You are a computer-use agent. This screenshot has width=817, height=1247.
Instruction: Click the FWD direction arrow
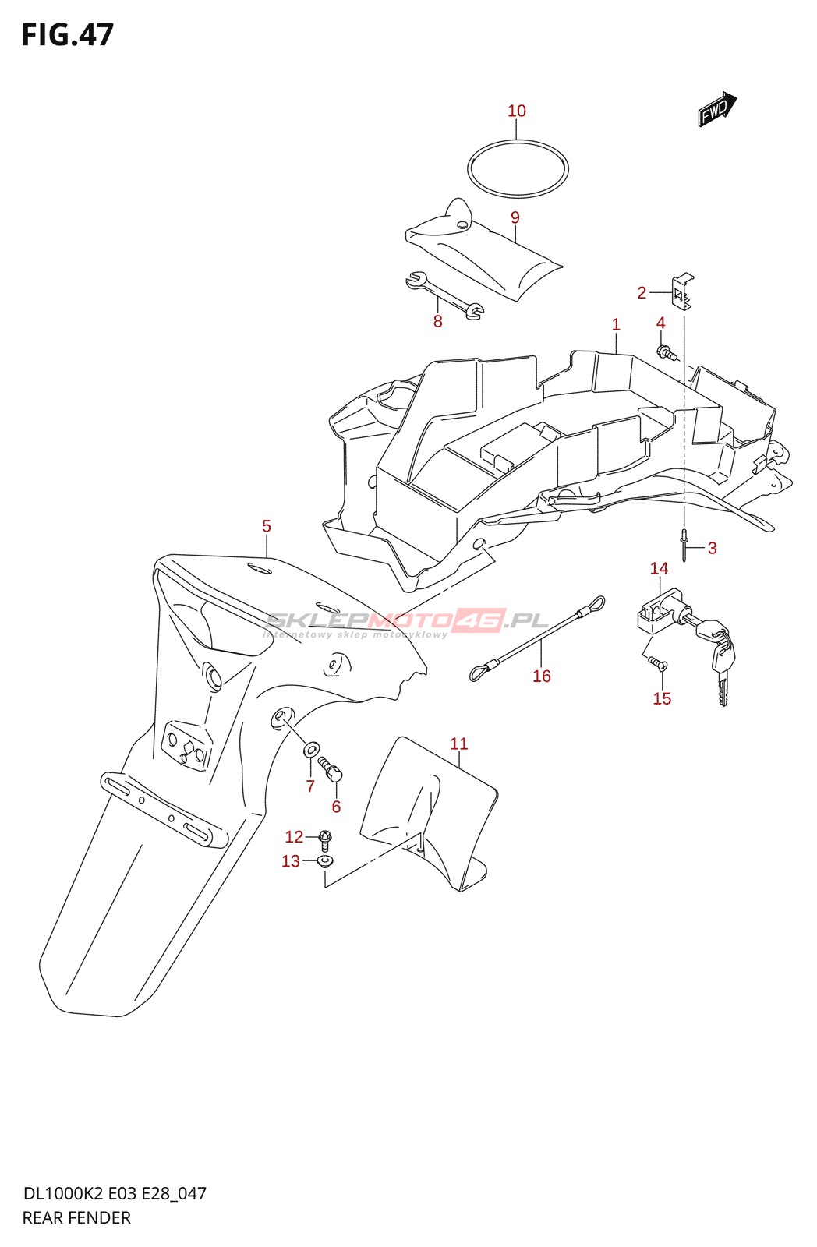pyautogui.click(x=717, y=109)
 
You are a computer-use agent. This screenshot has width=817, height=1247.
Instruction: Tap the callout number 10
pyautogui.click(x=516, y=111)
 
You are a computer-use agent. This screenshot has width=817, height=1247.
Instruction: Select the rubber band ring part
pyautogui.click(x=518, y=168)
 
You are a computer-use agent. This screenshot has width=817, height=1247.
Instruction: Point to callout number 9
pyautogui.click(x=515, y=217)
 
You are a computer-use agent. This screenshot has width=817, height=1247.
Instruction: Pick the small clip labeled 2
pyautogui.click(x=682, y=291)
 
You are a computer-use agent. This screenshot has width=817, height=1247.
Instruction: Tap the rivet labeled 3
pyautogui.click(x=684, y=545)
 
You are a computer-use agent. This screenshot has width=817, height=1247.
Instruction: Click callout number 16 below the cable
pyautogui.click(x=541, y=676)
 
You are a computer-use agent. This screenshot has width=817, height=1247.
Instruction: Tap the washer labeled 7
pyautogui.click(x=310, y=749)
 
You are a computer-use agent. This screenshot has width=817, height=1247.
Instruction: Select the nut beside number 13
pyautogui.click(x=324, y=862)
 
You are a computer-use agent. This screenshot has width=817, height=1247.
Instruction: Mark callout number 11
pyautogui.click(x=459, y=744)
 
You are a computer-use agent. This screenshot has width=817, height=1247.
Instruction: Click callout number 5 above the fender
pyautogui.click(x=267, y=525)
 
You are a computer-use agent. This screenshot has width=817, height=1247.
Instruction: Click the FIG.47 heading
pyautogui.click(x=68, y=35)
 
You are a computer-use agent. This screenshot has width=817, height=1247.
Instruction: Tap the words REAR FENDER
pyautogui.click(x=76, y=1218)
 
